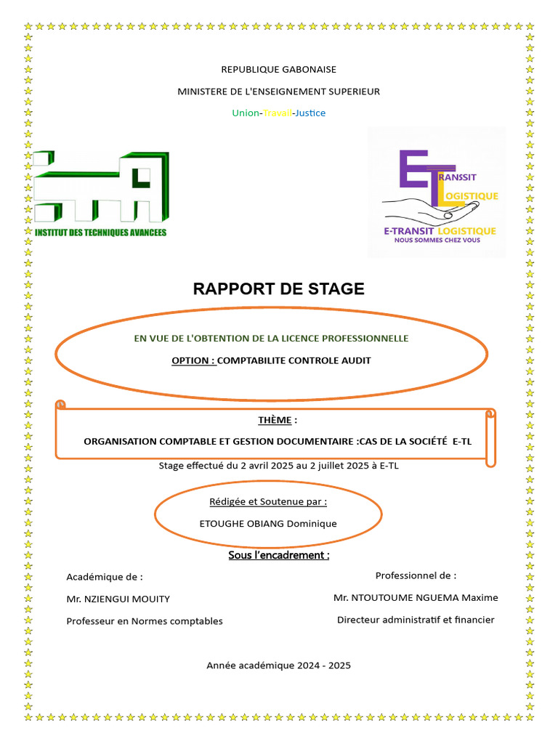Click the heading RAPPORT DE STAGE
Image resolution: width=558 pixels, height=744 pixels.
[278, 288]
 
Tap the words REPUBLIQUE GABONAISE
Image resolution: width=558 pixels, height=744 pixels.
[278, 70]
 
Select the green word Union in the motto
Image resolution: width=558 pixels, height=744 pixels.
[245, 113]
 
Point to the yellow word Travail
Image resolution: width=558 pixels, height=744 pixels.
[276, 113]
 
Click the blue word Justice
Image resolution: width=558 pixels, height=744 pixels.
[310, 113]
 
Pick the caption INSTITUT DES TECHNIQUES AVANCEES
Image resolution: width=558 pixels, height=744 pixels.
[101, 232]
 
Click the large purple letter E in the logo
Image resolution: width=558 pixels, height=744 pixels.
[413, 170]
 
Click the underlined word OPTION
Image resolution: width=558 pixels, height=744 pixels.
[194, 360]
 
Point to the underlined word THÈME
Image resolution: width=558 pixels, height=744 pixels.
[275, 420]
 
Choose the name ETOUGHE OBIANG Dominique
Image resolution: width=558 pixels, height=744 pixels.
[268, 523]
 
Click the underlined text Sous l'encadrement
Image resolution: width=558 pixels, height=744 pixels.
[278, 556]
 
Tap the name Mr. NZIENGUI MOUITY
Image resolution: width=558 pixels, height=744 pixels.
[118, 599]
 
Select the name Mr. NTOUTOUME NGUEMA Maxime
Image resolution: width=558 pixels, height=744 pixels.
[416, 597]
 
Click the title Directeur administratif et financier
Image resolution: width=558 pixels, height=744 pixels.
[416, 620]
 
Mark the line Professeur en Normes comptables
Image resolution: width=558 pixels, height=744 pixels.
[145, 621]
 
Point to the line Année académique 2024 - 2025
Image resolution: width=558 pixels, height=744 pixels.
[278, 666]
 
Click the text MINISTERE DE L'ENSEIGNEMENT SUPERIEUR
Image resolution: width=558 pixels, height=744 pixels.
[278, 92]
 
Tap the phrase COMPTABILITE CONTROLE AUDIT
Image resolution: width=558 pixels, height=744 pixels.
[294, 360]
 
